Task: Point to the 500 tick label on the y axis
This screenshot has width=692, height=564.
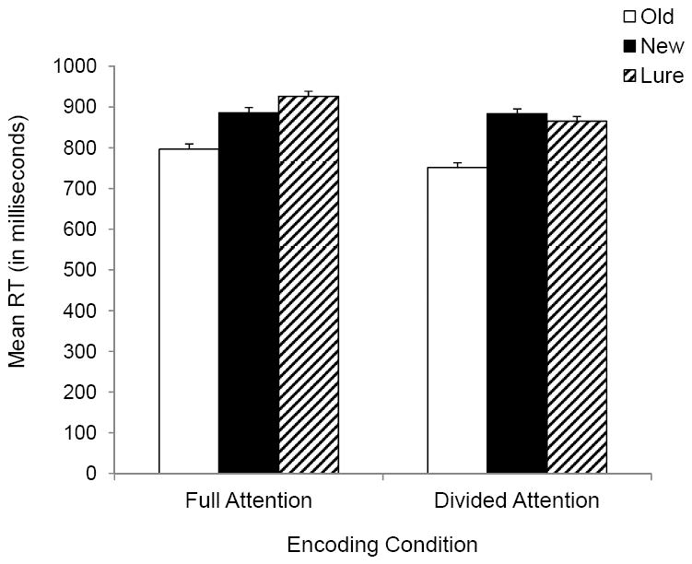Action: coord(84,270)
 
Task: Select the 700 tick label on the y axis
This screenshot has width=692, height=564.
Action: coord(84,189)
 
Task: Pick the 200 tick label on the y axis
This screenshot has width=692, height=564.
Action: coord(84,392)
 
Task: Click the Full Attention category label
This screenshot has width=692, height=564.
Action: coord(248,502)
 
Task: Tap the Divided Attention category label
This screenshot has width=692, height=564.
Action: coord(516,502)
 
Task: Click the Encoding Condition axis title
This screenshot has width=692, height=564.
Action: coord(382,544)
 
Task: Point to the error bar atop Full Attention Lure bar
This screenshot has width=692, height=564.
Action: coord(308,93)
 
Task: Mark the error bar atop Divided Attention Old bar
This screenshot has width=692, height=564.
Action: coord(457,164)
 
